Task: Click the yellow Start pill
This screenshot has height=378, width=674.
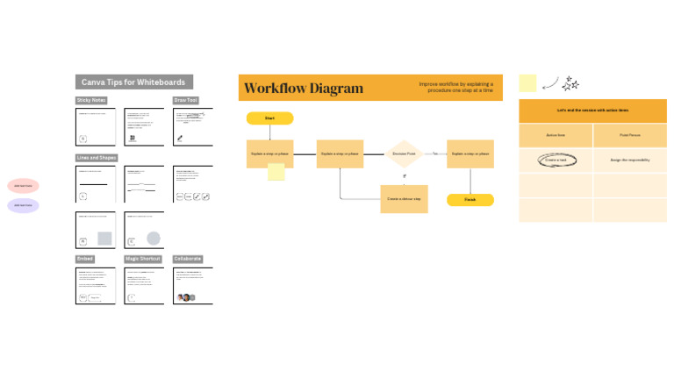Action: click(x=269, y=118)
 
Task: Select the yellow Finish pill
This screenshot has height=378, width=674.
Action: click(x=470, y=200)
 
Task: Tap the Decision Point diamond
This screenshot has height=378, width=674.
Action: click(x=404, y=153)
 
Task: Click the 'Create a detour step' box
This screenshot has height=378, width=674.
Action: click(x=404, y=199)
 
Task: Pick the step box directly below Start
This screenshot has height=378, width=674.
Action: click(x=269, y=153)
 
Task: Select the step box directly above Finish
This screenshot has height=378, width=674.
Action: click(x=470, y=153)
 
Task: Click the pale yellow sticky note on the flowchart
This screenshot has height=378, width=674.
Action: click(x=276, y=172)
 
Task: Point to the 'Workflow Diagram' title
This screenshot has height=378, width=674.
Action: click(x=303, y=88)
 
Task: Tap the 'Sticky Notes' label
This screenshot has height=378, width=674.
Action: click(x=91, y=101)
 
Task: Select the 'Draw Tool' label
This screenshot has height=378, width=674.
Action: click(x=186, y=101)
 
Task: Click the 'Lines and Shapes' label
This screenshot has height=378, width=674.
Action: click(x=97, y=158)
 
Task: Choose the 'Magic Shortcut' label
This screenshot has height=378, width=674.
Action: click(x=142, y=259)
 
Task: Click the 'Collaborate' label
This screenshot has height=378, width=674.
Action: click(x=188, y=259)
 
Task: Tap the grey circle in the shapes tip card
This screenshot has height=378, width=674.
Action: click(x=153, y=239)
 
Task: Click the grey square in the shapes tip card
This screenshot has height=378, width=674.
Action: click(x=104, y=239)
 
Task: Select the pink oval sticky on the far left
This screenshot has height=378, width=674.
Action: click(x=24, y=186)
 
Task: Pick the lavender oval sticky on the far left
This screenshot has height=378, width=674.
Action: click(x=24, y=205)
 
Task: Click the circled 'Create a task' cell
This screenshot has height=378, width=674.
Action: click(x=555, y=160)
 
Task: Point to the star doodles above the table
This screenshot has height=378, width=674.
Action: click(x=570, y=83)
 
